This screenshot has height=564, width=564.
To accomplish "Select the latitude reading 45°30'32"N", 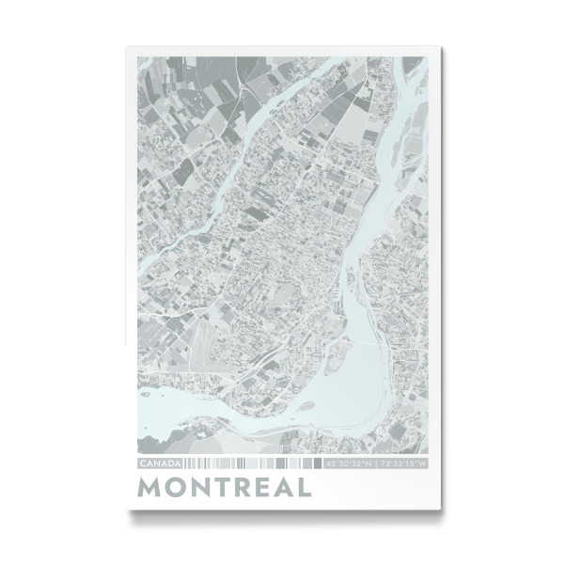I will pyautogui.click(x=349, y=464).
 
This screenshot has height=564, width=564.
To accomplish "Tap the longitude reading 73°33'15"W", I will pyautogui.click(x=401, y=464).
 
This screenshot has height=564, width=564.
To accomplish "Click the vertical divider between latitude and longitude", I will pyautogui.click(x=375, y=464).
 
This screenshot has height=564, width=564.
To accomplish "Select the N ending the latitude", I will pyautogui.click(x=368, y=464).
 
